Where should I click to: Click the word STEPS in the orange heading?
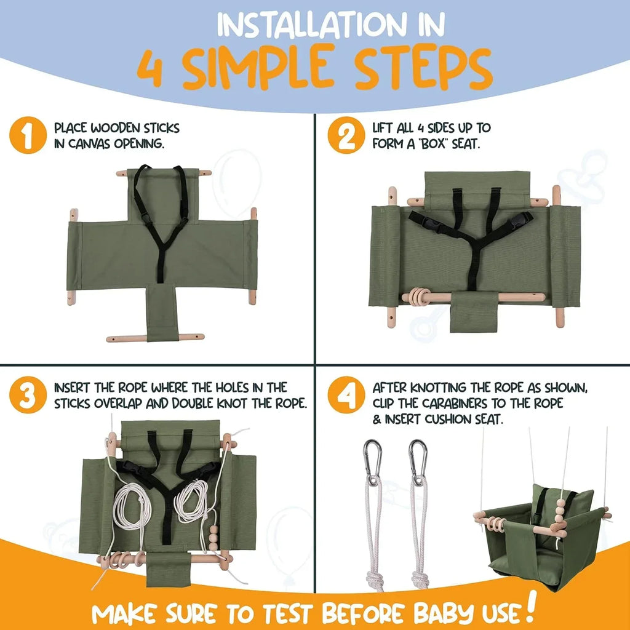425,68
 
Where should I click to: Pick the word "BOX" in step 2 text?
445,145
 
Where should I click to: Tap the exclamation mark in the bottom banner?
530,606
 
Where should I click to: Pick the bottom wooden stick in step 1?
154,338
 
